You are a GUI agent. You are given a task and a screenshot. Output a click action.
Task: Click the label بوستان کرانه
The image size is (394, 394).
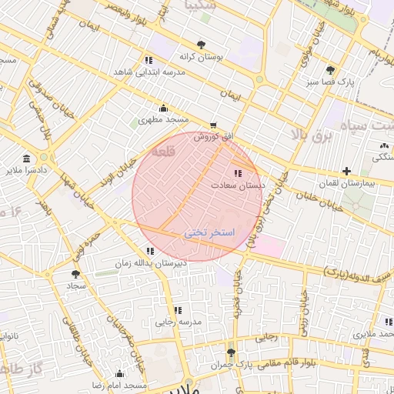[x=201, y=57]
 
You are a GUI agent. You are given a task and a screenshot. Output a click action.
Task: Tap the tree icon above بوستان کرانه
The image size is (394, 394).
[x=202, y=44]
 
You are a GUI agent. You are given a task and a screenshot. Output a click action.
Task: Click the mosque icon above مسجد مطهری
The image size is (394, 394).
[x=163, y=108]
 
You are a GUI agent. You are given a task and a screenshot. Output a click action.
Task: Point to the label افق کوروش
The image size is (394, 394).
[x=213, y=136]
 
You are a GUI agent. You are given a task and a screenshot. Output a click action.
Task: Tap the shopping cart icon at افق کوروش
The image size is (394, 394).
[x=213, y=125]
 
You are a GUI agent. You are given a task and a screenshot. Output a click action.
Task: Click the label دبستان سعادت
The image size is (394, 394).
[x=242, y=185]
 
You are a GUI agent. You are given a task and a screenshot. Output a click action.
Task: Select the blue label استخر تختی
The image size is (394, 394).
[x=209, y=232]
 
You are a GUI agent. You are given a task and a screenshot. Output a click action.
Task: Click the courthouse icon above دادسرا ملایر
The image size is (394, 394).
[x=27, y=156]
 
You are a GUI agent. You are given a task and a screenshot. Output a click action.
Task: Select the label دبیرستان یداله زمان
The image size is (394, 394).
[x=151, y=263]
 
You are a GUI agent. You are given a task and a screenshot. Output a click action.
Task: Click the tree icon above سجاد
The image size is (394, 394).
[x=75, y=273]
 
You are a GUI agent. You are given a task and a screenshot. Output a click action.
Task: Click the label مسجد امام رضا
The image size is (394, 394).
[x=119, y=384]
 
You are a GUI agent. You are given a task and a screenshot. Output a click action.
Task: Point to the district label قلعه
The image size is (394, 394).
[x=164, y=152]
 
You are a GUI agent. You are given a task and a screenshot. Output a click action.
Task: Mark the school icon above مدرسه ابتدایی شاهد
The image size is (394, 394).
[x=147, y=60]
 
